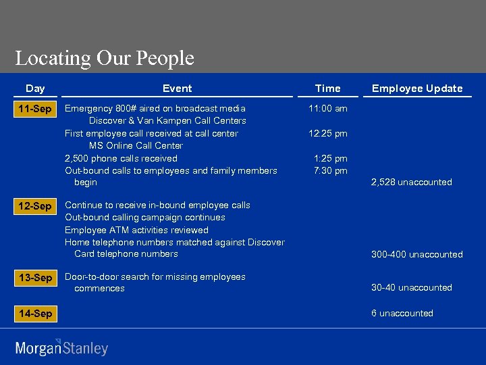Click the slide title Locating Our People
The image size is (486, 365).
(105, 58)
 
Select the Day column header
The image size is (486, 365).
(35, 89)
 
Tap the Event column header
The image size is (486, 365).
(177, 89)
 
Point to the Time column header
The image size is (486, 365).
(328, 89)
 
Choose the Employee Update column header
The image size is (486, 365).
(417, 89)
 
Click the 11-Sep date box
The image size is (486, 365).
(36, 109)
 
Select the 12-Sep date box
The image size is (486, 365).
(36, 206)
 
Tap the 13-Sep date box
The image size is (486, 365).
(36, 278)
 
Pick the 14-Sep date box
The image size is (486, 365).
(36, 314)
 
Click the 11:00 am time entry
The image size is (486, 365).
(328, 108)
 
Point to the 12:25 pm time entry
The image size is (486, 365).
(328, 133)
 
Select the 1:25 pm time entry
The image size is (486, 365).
(331, 158)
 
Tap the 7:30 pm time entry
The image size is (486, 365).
(331, 170)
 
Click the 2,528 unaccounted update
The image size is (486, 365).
(412, 182)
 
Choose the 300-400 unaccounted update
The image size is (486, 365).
(417, 254)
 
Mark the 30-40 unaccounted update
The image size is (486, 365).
(412, 287)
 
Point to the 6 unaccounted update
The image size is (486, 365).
(402, 313)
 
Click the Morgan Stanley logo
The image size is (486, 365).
(61, 347)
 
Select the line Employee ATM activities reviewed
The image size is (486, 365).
(136, 230)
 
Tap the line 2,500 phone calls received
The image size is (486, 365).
(121, 158)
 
